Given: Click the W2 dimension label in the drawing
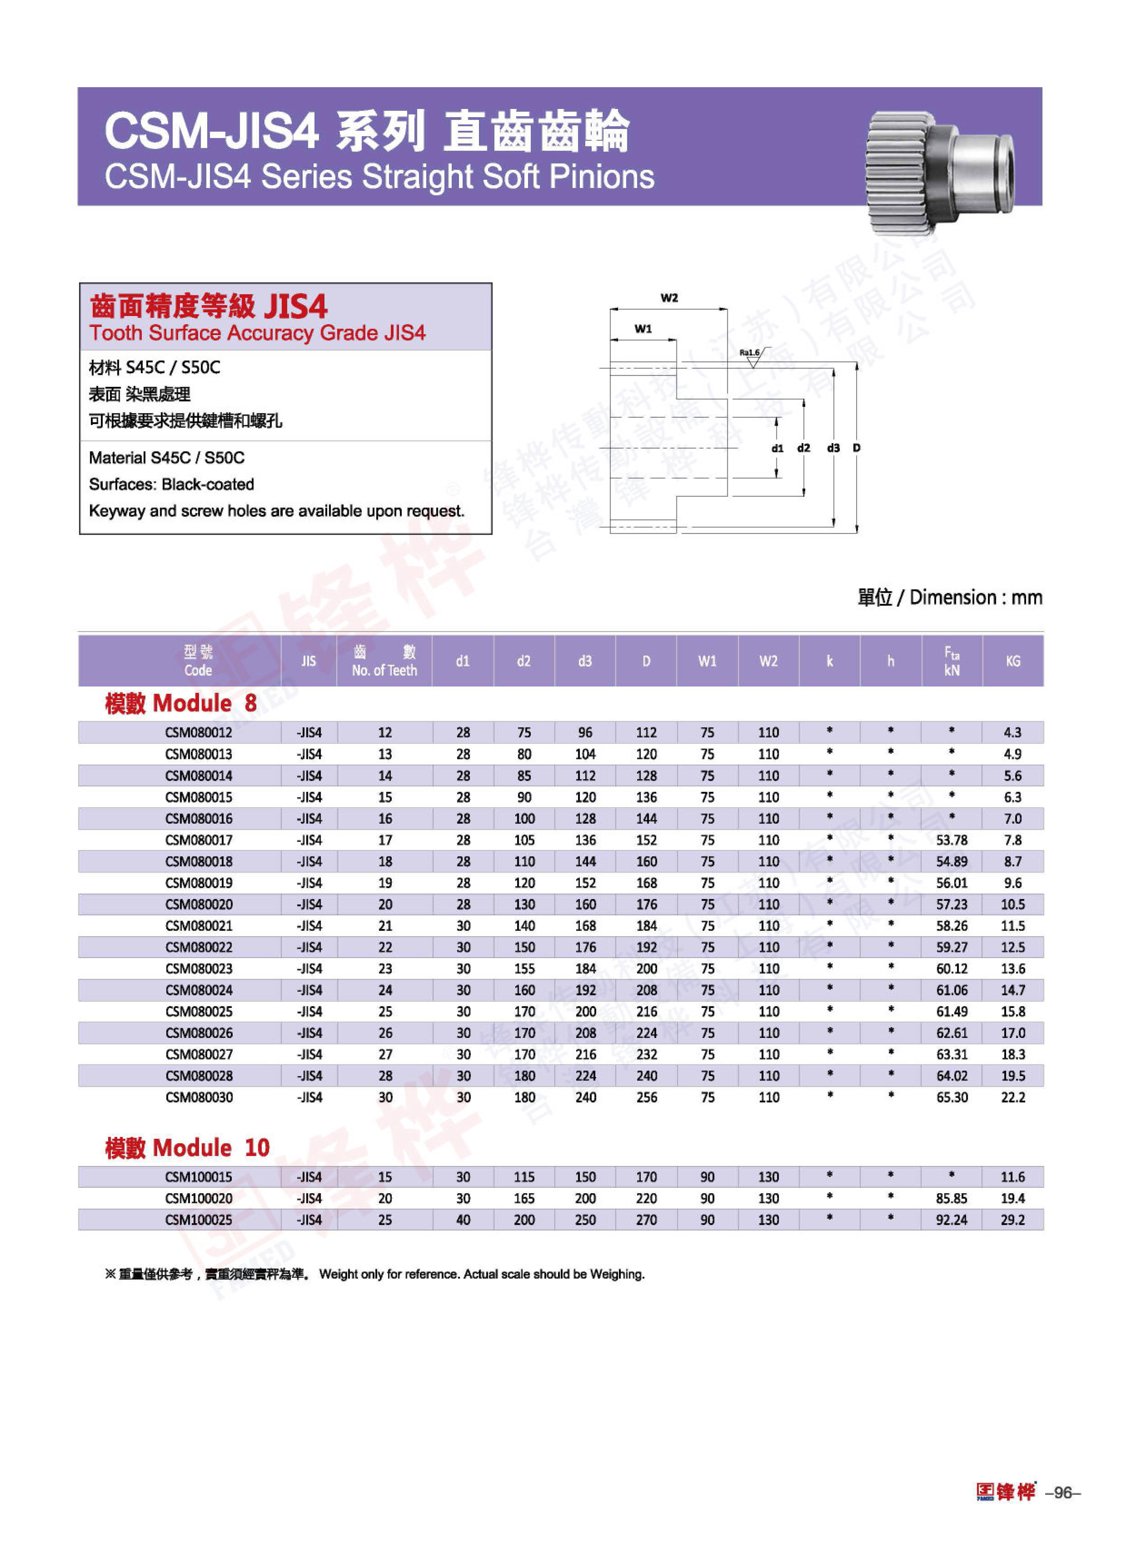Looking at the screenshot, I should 668,298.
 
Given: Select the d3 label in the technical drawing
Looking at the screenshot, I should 833,448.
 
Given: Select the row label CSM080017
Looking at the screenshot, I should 199,840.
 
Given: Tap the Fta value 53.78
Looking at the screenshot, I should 951,840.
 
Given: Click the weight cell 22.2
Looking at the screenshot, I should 1012,1097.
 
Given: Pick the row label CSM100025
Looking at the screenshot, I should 199,1219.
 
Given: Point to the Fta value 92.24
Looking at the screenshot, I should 951,1219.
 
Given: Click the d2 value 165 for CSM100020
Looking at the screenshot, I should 524,1198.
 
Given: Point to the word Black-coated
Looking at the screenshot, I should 207,484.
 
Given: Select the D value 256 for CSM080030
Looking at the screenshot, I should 646,1097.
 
